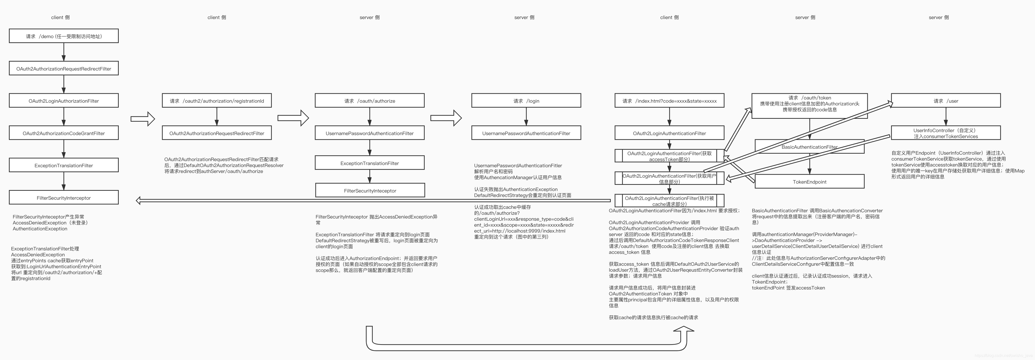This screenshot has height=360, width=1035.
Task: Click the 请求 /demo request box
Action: pyautogui.click(x=64, y=36)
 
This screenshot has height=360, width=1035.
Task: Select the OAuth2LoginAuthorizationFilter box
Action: pyautogui.click(x=64, y=101)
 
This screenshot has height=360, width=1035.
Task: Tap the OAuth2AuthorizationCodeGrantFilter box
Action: pyautogui.click(x=64, y=133)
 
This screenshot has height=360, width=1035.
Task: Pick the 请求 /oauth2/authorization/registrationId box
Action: pyautogui.click(x=216, y=101)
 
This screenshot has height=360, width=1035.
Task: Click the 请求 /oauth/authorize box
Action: pyautogui.click(x=369, y=101)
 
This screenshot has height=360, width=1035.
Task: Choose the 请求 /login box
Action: pyautogui.click(x=526, y=101)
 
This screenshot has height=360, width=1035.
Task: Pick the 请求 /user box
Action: pyautogui.click(x=945, y=101)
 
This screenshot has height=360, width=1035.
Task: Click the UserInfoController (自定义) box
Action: pyautogui.click(x=945, y=133)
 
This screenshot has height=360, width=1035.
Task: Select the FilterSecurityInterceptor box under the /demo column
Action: pyautogui.click(x=64, y=198)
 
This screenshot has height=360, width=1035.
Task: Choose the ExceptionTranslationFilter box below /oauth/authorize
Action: pyautogui.click(x=369, y=163)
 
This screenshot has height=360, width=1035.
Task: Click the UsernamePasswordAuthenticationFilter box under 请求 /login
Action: pyautogui.click(x=526, y=133)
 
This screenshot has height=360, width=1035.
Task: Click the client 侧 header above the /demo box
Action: pyautogui.click(x=60, y=17)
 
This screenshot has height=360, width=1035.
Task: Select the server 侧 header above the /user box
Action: pyautogui.click(x=939, y=17)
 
